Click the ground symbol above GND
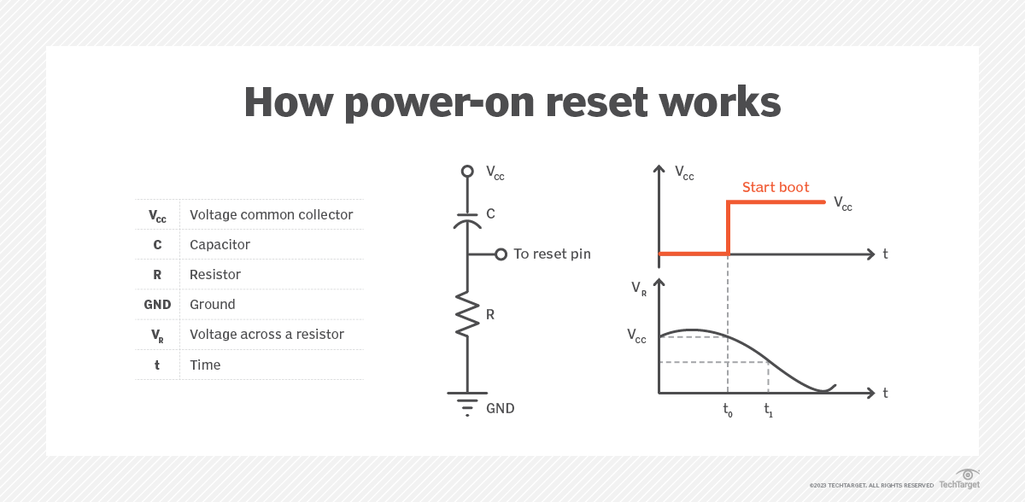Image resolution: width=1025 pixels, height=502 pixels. [x=467, y=402]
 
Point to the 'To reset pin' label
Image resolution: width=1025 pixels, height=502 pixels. [x=552, y=254]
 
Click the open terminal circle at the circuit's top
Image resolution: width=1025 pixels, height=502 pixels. [x=467, y=172]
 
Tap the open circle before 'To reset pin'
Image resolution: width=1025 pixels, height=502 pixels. [x=501, y=254]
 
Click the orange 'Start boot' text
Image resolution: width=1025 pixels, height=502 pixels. [x=776, y=188]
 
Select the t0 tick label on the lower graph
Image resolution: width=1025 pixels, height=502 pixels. [x=728, y=410]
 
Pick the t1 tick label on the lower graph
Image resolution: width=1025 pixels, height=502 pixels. [x=769, y=410]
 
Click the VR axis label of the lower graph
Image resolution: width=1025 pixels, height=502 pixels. [x=639, y=289]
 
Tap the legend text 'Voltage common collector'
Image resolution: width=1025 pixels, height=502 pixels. [x=271, y=214]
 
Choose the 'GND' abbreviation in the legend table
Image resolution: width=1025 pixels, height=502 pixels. [x=157, y=305]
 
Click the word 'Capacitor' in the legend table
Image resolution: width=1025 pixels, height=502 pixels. [x=220, y=245]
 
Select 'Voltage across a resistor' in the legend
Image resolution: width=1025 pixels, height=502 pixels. [x=266, y=335]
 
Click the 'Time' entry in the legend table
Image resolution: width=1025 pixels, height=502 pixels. [x=205, y=365]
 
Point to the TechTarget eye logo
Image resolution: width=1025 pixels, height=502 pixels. [x=967, y=476]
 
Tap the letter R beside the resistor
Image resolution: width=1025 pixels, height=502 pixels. [x=490, y=314]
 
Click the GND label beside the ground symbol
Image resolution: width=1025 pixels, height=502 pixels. [x=501, y=409]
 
